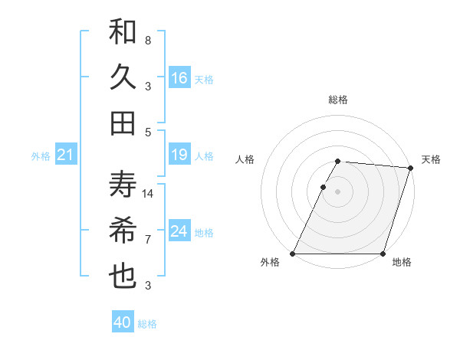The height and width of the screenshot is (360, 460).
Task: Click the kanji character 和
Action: point(123,33)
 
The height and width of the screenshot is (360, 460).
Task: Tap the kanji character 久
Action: point(123,77)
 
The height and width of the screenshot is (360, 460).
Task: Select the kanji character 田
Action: point(123,122)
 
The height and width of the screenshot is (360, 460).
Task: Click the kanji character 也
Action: point(123,276)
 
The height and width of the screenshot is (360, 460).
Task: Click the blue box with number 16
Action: point(179,78)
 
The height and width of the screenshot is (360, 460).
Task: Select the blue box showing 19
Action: point(179,155)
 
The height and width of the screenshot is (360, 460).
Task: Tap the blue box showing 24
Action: point(179,231)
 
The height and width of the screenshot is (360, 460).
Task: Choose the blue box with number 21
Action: point(65,155)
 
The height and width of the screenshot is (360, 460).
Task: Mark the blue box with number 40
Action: point(123,322)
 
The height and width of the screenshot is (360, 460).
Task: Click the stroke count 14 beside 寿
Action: point(148,193)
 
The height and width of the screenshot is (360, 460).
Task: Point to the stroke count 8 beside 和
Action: point(148,40)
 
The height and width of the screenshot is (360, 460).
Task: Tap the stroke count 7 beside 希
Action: point(148,240)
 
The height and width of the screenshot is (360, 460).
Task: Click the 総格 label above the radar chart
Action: point(338,100)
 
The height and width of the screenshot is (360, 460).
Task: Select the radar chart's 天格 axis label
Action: point(431,159)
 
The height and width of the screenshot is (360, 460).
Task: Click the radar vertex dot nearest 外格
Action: point(293,254)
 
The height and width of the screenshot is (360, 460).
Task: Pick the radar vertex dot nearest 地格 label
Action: point(383,254)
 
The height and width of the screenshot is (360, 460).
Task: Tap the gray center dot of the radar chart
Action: point(338,191)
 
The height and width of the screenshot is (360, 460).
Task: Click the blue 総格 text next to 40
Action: point(148,324)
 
